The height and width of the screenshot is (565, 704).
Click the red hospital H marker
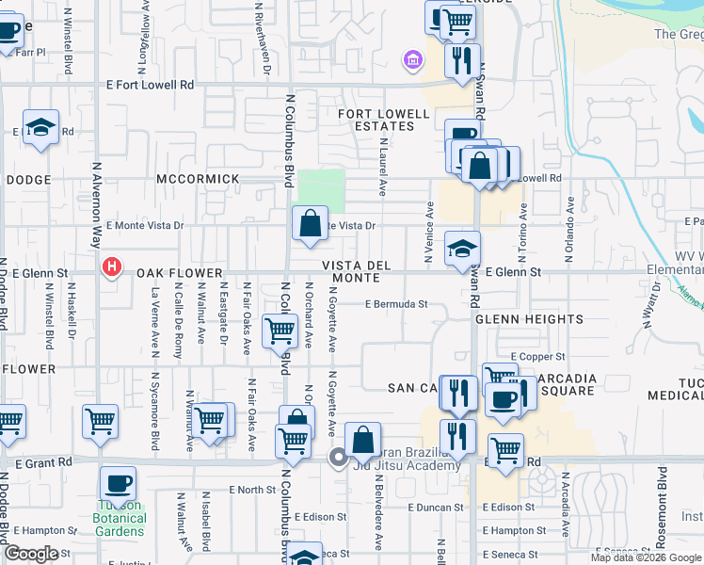(x=112, y=268)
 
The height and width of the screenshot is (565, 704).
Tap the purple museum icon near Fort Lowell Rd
(x=411, y=62)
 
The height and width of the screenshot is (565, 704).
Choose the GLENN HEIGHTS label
(x=529, y=319)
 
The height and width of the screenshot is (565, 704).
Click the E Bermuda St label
(x=396, y=304)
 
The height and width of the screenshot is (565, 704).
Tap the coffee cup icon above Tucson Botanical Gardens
(x=119, y=484)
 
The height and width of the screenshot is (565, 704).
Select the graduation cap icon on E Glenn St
(x=461, y=249)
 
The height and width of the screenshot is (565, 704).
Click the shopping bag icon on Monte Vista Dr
(x=310, y=224)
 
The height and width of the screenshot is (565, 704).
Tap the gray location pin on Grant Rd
(x=338, y=458)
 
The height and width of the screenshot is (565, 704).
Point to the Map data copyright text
(x=645, y=557)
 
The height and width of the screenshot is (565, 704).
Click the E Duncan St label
(x=436, y=507)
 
